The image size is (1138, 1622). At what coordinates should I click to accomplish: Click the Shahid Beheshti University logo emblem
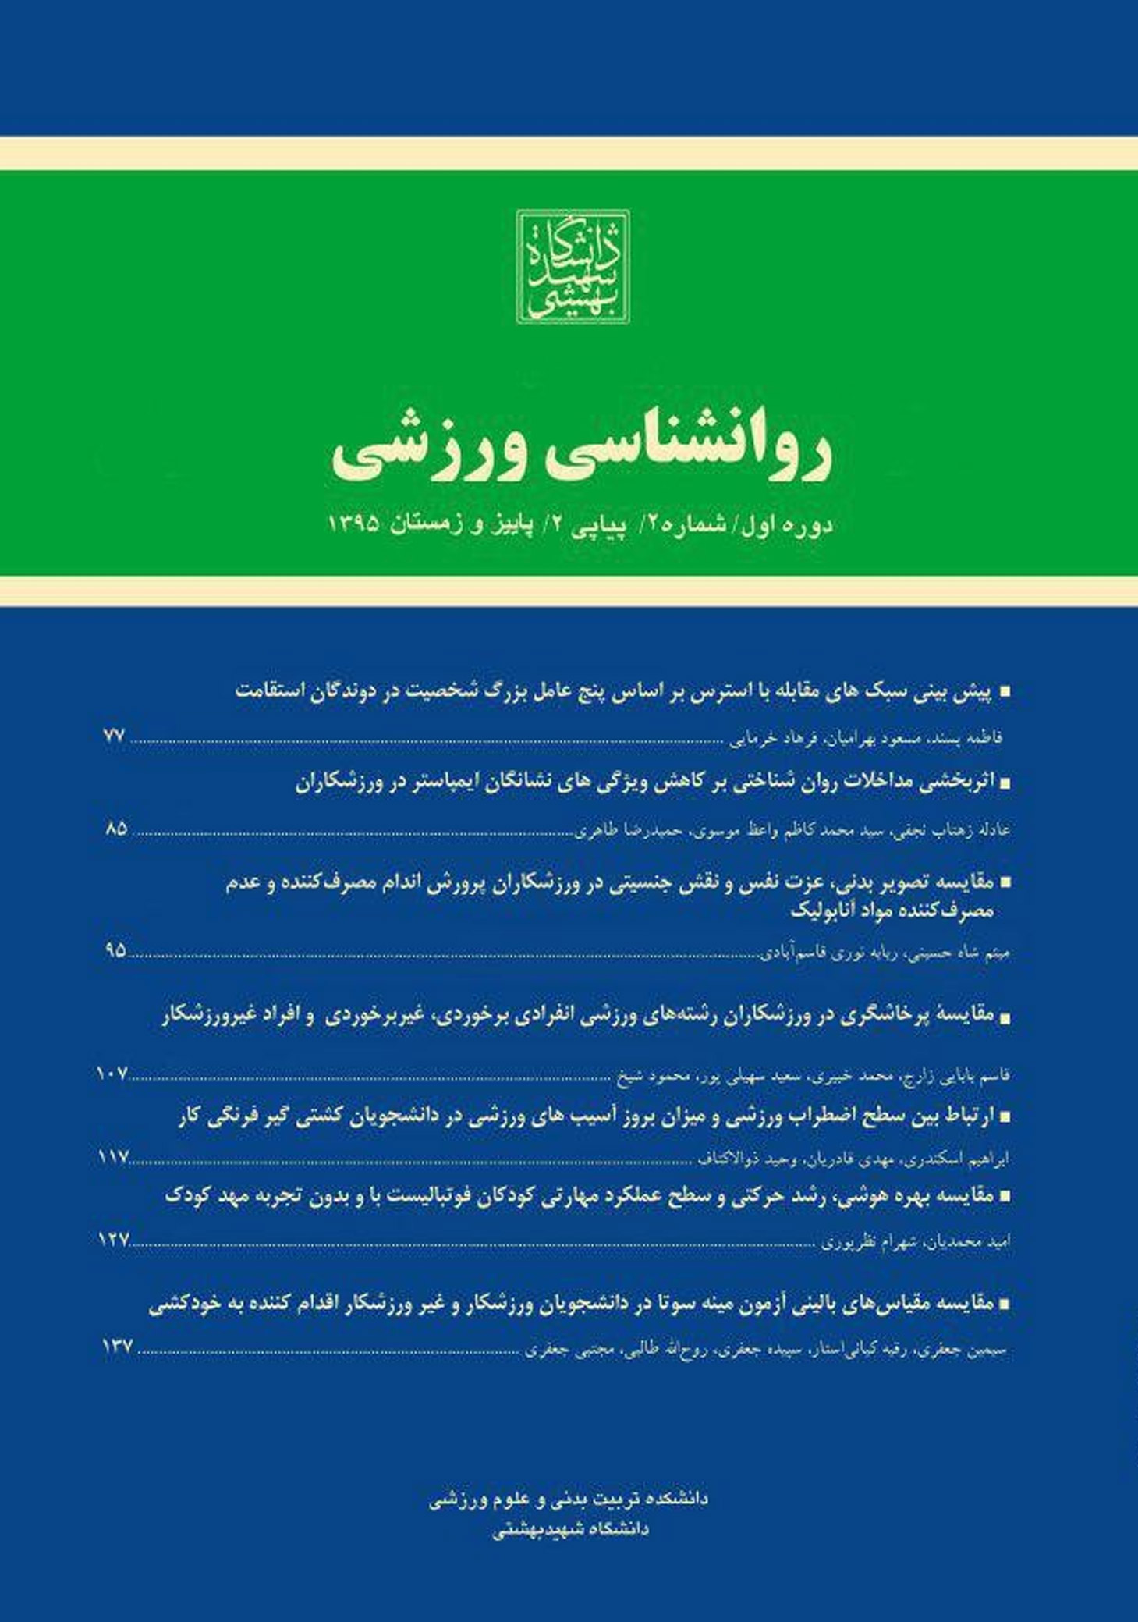coord(573,266)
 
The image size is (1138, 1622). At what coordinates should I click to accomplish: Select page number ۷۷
coord(114,735)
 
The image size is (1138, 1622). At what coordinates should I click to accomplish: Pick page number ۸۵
coord(115,829)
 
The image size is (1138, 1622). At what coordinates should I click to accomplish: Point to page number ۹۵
coord(115,950)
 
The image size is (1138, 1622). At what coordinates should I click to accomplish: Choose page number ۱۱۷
coord(113,1158)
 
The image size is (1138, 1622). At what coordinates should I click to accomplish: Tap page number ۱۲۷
coord(113,1240)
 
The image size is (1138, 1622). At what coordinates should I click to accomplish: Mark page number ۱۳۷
coord(117,1347)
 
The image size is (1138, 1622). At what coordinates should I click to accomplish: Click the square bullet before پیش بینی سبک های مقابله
coord(1005,692)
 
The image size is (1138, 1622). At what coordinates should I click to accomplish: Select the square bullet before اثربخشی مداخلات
coord(1005,784)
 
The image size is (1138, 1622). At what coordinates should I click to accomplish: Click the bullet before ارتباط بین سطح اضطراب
coord(1005,1117)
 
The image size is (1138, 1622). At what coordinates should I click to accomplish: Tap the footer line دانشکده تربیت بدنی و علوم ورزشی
coord(569,1498)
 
